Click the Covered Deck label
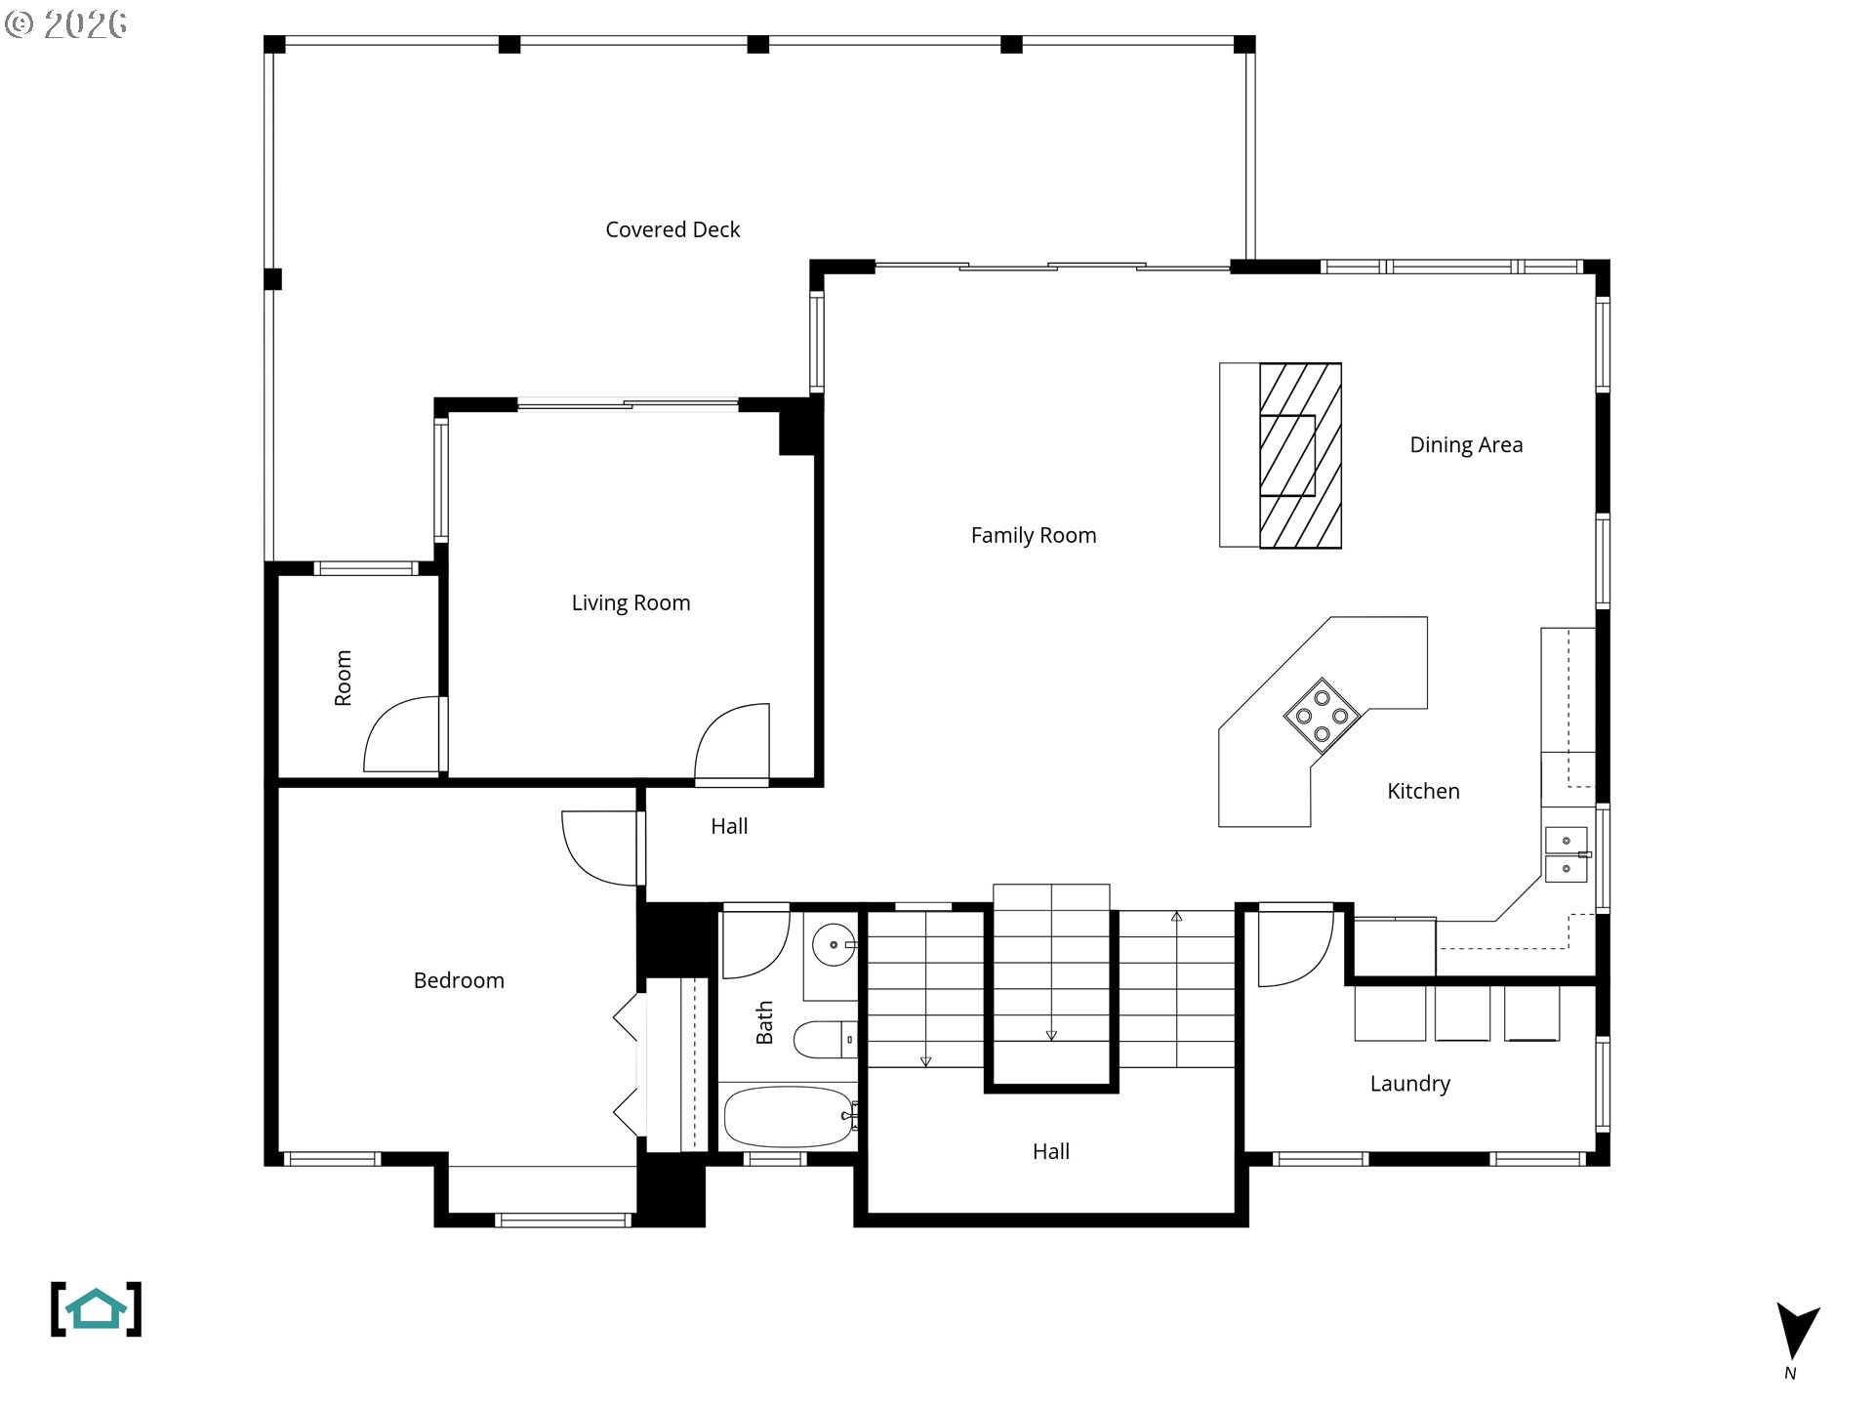click(x=672, y=229)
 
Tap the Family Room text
click(x=1033, y=535)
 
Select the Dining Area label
click(x=1465, y=445)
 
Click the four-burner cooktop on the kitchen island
click(x=1322, y=716)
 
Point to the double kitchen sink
click(x=1566, y=854)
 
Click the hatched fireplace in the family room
click(x=1299, y=455)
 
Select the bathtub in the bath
click(x=789, y=1116)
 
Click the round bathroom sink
click(x=833, y=944)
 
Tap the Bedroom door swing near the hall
click(x=598, y=848)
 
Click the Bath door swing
click(x=754, y=942)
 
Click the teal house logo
click(x=96, y=1309)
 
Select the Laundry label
click(x=1409, y=1084)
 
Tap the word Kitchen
click(x=1423, y=791)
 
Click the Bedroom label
click(x=459, y=980)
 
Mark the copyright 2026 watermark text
click(x=65, y=23)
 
